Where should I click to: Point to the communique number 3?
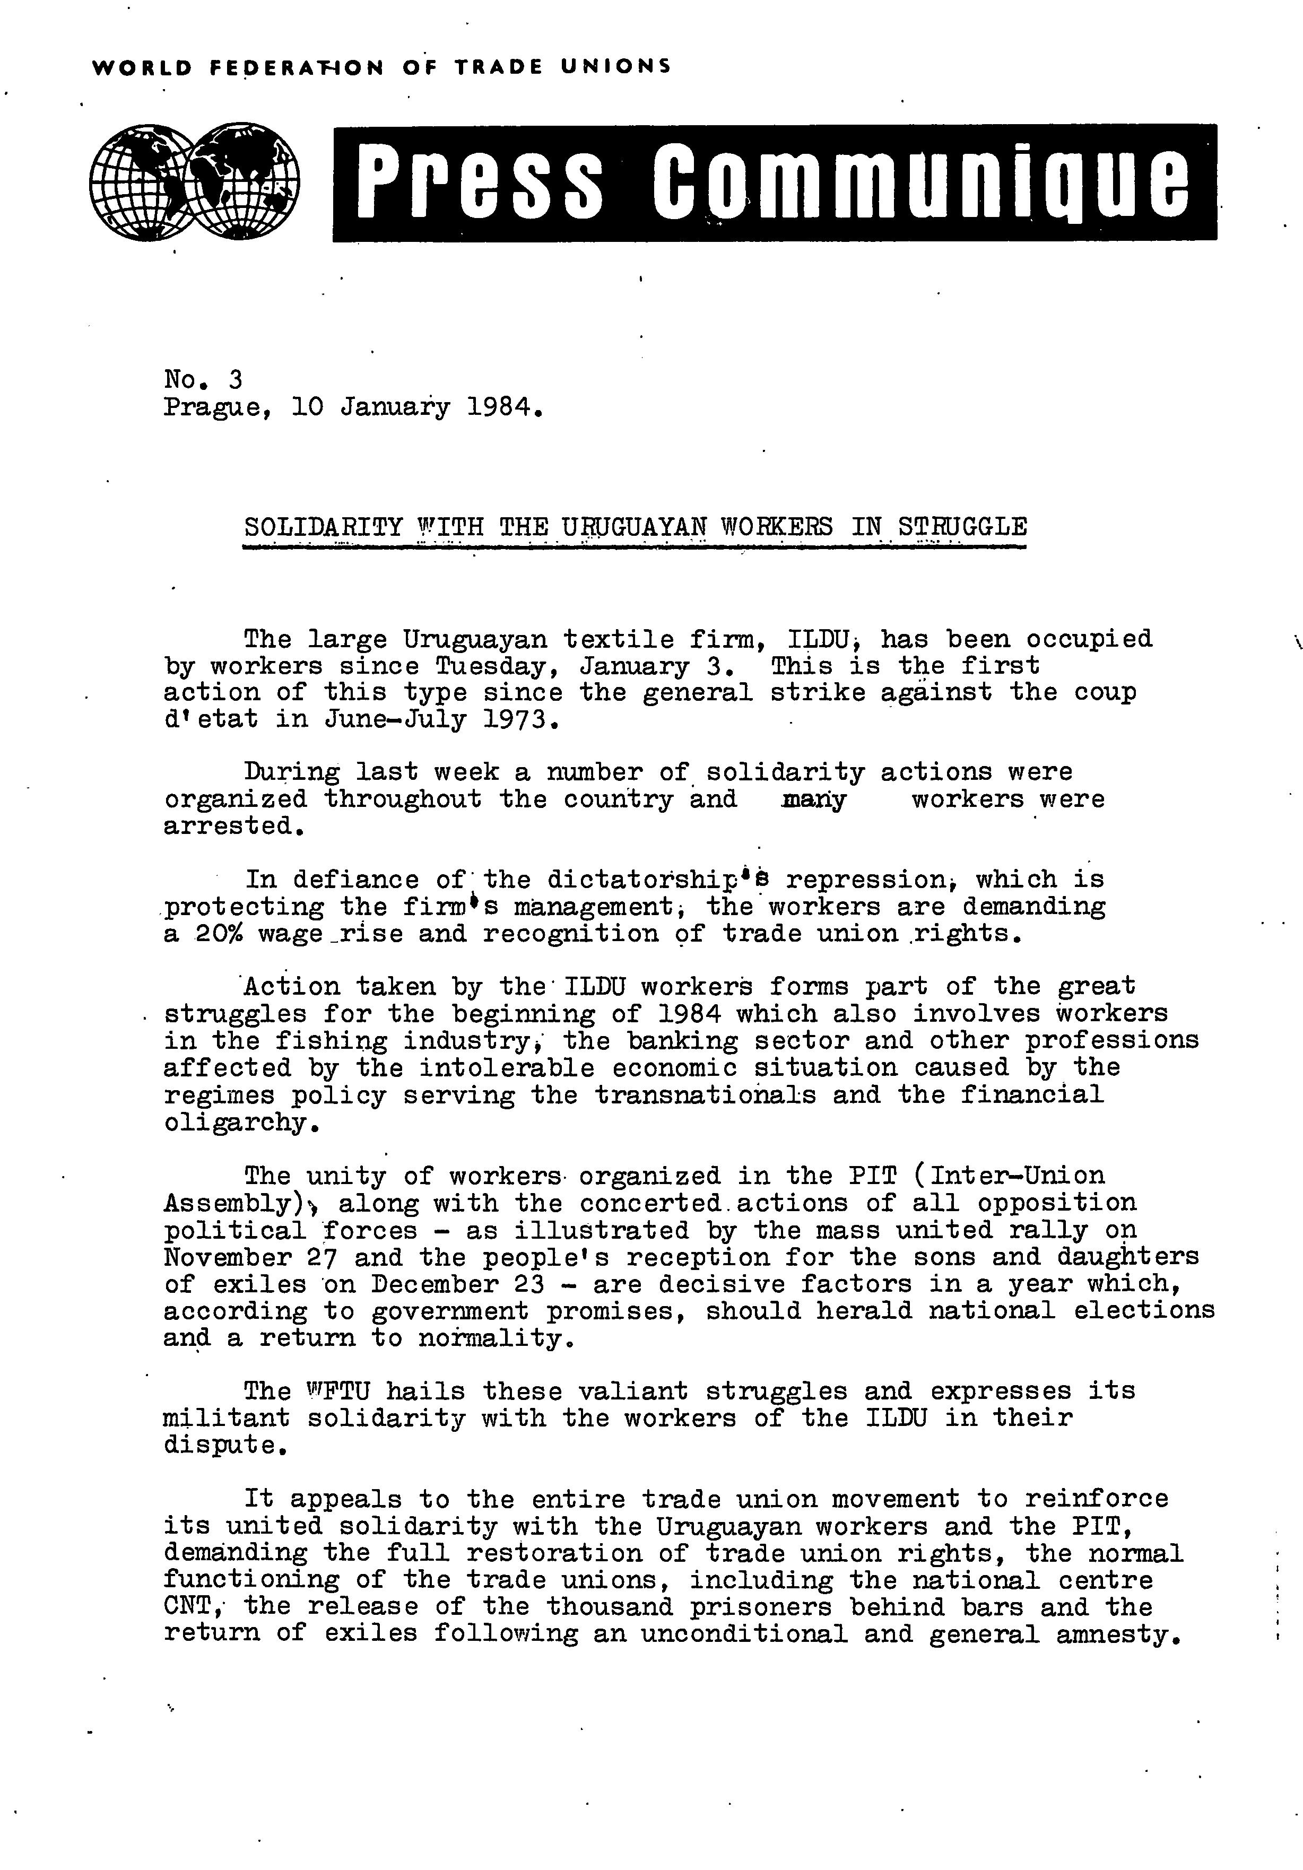(236, 379)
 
